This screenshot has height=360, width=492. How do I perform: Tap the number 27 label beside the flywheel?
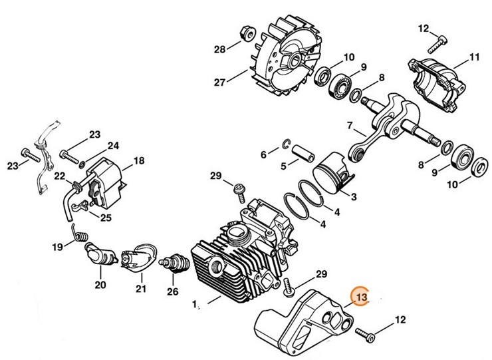(219, 82)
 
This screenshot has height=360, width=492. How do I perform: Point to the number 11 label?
(473, 57)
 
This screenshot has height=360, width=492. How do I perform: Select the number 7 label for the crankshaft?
(350, 125)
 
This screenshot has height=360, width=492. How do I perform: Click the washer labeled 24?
(82, 162)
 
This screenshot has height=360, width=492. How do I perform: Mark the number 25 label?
(106, 217)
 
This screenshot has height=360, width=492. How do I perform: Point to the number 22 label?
(60, 176)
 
